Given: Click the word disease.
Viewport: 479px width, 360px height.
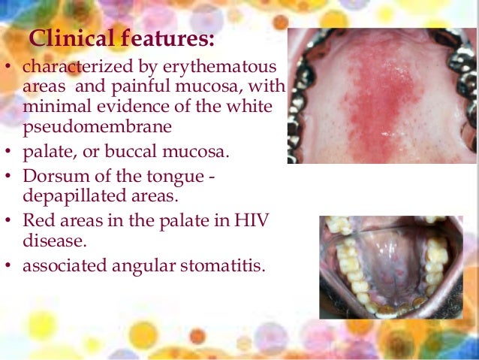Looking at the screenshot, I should click(51, 241).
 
